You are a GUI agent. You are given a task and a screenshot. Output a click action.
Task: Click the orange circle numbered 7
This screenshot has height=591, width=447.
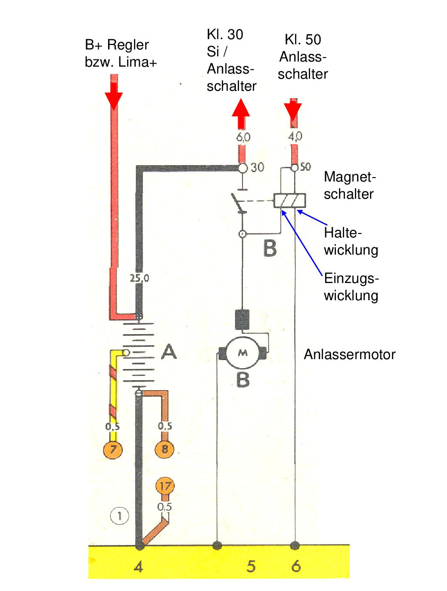pos(113,450)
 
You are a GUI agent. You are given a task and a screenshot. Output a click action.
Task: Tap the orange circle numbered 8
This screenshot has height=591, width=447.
pos(165,449)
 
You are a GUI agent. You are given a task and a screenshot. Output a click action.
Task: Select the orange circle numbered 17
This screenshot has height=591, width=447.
pos(165,486)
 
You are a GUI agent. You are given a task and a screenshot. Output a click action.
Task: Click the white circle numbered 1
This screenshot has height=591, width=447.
pos(120,515)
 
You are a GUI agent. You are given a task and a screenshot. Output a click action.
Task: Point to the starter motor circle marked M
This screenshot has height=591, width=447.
pos(243,353)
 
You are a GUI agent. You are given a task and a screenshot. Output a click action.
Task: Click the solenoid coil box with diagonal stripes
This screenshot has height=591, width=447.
pos(289,201)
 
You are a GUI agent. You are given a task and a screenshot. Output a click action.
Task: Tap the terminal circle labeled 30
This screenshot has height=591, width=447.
pos(243,168)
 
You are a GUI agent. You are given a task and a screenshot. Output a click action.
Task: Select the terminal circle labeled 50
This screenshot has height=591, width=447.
pos(294,167)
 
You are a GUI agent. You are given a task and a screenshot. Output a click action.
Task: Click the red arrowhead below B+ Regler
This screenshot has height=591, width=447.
pos(114,100)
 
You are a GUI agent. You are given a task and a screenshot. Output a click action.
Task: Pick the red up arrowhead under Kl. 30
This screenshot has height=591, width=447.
pos(241,109)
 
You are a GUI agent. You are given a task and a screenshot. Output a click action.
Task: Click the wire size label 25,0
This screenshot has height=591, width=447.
pos(140,278)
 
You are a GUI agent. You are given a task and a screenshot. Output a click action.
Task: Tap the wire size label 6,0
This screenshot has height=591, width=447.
pos(243,137)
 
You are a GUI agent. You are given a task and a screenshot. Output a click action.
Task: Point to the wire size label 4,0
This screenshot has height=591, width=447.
pos(295,136)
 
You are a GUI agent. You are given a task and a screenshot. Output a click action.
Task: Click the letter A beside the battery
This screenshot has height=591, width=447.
pos(169,351)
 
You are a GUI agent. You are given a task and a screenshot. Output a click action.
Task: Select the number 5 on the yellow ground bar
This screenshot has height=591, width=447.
pos(251,566)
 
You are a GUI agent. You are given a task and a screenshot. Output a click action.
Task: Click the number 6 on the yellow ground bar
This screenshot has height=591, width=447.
pos(296,566)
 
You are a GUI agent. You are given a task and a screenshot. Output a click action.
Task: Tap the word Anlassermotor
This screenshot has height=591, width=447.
pos(349,354)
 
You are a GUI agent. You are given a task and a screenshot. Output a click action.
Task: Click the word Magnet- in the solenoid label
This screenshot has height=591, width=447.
pos(350,177)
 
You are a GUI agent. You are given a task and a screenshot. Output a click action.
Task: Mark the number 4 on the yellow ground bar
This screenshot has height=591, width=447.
pos(138,566)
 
